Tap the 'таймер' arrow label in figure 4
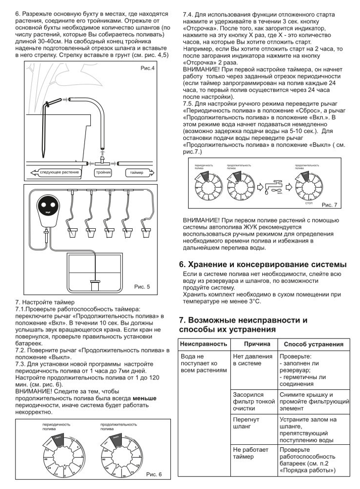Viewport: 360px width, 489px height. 137,172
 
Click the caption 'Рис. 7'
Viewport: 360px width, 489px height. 329,205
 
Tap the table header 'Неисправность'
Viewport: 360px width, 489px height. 204,344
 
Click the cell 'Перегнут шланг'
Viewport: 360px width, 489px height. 246,423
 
